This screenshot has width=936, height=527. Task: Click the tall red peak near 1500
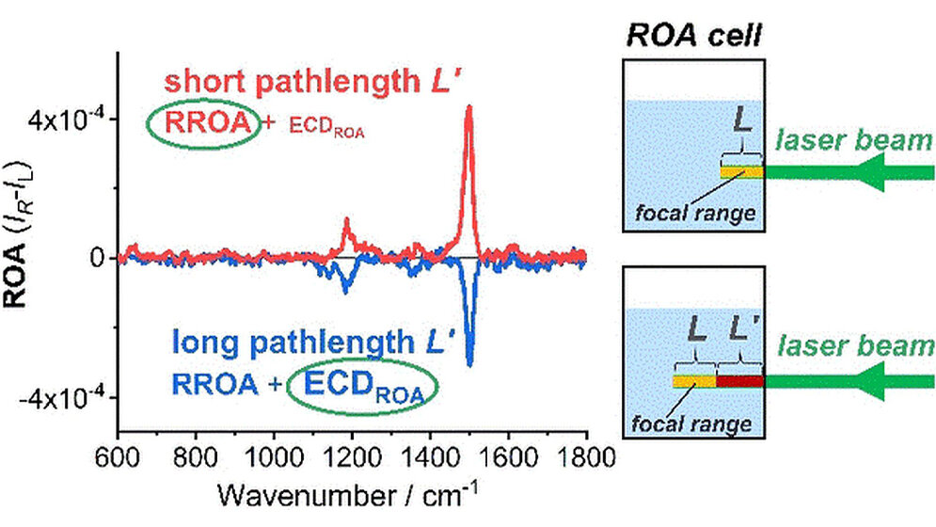(468, 109)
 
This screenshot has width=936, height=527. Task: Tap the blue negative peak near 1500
(469, 361)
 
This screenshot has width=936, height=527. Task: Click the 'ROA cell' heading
(695, 36)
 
